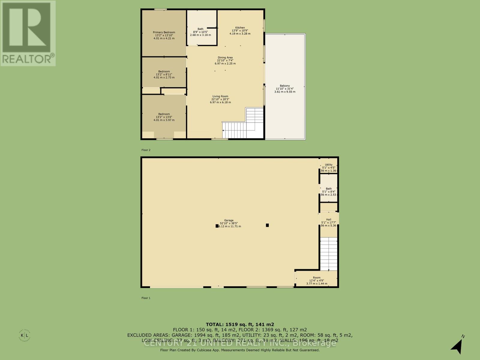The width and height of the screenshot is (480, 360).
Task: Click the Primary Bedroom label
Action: click(164, 32)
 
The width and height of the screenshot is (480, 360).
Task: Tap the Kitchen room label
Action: click(240, 28)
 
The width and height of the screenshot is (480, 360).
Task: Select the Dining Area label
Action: click(225, 58)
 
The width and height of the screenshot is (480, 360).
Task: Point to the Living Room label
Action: click(220, 97)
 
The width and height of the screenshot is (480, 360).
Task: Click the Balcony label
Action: click(285, 86)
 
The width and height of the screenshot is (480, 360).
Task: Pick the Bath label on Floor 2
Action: click(200, 29)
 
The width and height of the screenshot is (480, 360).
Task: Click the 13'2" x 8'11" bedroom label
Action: click(164, 71)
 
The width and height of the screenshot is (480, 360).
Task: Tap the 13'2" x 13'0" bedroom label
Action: click(164, 114)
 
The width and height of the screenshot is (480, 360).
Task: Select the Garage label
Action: click(229, 220)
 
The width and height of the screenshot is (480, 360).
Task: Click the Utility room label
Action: click(328, 165)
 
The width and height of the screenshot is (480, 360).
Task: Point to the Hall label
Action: click(328, 220)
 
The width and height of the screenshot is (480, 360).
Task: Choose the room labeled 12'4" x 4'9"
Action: click(316, 278)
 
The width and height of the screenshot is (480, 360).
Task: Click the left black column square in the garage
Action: click(217, 226)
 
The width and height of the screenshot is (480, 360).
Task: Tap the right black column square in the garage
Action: click(267, 225)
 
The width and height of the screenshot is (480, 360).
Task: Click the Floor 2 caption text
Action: click(146, 150)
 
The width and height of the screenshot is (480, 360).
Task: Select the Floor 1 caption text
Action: click(146, 298)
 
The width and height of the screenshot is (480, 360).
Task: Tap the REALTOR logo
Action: click(28, 33)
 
